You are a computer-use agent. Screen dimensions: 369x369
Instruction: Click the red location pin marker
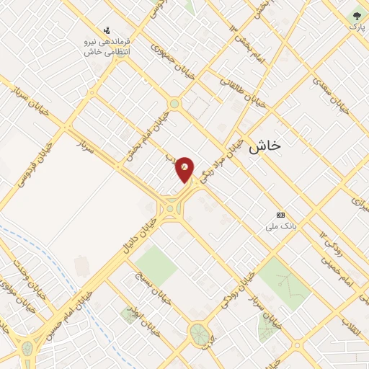click(185, 169)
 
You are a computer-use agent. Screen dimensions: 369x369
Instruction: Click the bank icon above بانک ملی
click(280, 215)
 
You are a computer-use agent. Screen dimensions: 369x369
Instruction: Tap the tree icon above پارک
click(357, 15)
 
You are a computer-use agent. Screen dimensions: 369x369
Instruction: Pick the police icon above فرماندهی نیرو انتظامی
click(107, 30)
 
